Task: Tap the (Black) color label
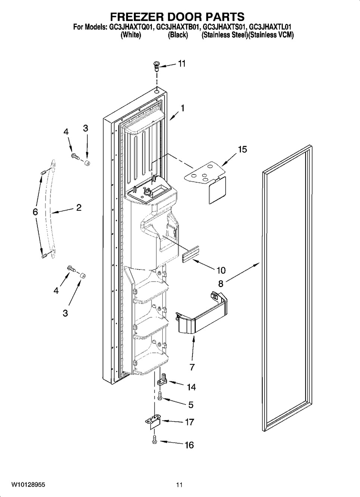click(178, 35)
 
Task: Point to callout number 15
click(242, 149)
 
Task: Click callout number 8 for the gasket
click(220, 283)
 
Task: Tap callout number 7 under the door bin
click(192, 367)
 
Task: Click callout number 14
click(191, 387)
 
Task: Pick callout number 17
click(190, 422)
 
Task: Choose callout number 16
click(189, 445)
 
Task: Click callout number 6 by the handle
click(35, 212)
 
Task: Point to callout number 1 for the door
click(182, 108)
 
